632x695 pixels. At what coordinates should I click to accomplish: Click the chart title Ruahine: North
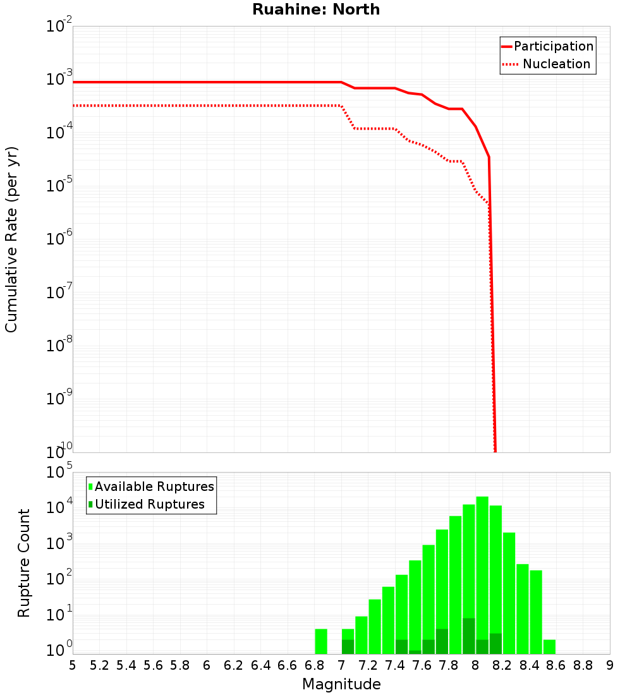click(x=316, y=9)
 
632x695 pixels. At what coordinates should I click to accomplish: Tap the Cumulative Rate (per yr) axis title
click(x=11, y=239)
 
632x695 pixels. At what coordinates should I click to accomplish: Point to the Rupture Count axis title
click(x=24, y=563)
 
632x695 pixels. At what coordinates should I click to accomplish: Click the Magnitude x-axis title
click(x=341, y=684)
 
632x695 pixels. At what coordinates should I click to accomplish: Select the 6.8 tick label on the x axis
click(x=314, y=665)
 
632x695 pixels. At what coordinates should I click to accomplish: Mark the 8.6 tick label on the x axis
click(x=556, y=665)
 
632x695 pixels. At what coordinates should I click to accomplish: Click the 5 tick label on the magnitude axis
click(x=73, y=665)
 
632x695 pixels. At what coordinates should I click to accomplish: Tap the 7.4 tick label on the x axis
click(x=395, y=665)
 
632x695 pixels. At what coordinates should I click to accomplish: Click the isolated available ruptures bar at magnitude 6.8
click(x=321, y=641)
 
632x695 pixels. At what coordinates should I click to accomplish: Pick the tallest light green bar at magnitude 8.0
click(x=482, y=569)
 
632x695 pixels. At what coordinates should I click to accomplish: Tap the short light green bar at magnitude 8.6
click(x=549, y=647)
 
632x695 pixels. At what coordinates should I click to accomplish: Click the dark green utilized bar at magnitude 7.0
click(x=348, y=647)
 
